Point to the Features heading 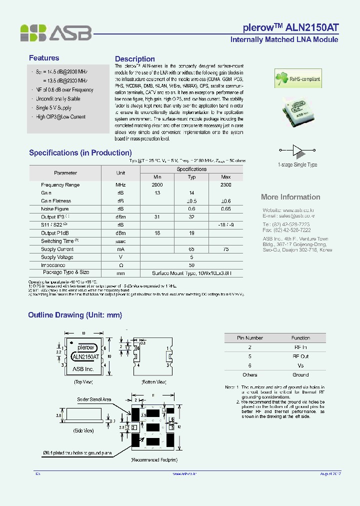coord(44,58)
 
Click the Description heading coord(135,59)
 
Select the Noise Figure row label coord(55,209)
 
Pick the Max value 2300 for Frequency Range coord(225,185)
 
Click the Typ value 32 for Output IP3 coord(191,217)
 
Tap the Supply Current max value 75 coord(225,249)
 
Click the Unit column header coord(120,173)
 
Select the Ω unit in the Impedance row coord(120,265)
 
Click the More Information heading coord(290,197)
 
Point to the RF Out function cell coord(300,356)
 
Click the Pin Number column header coord(250,338)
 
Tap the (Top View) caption coord(83,382)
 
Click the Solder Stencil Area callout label coord(94,399)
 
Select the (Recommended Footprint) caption coord(154,459)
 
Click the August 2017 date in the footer coord(330,473)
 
